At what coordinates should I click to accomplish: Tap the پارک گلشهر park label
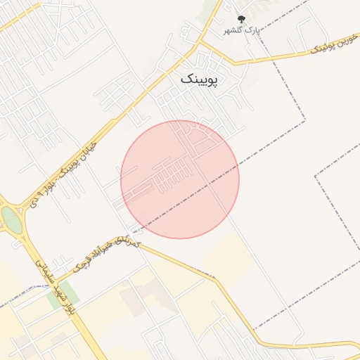[243, 30]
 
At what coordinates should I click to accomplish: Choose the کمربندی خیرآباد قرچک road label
[105, 254]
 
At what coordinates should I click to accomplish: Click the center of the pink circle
[180, 179]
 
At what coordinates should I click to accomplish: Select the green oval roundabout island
[12, 220]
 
